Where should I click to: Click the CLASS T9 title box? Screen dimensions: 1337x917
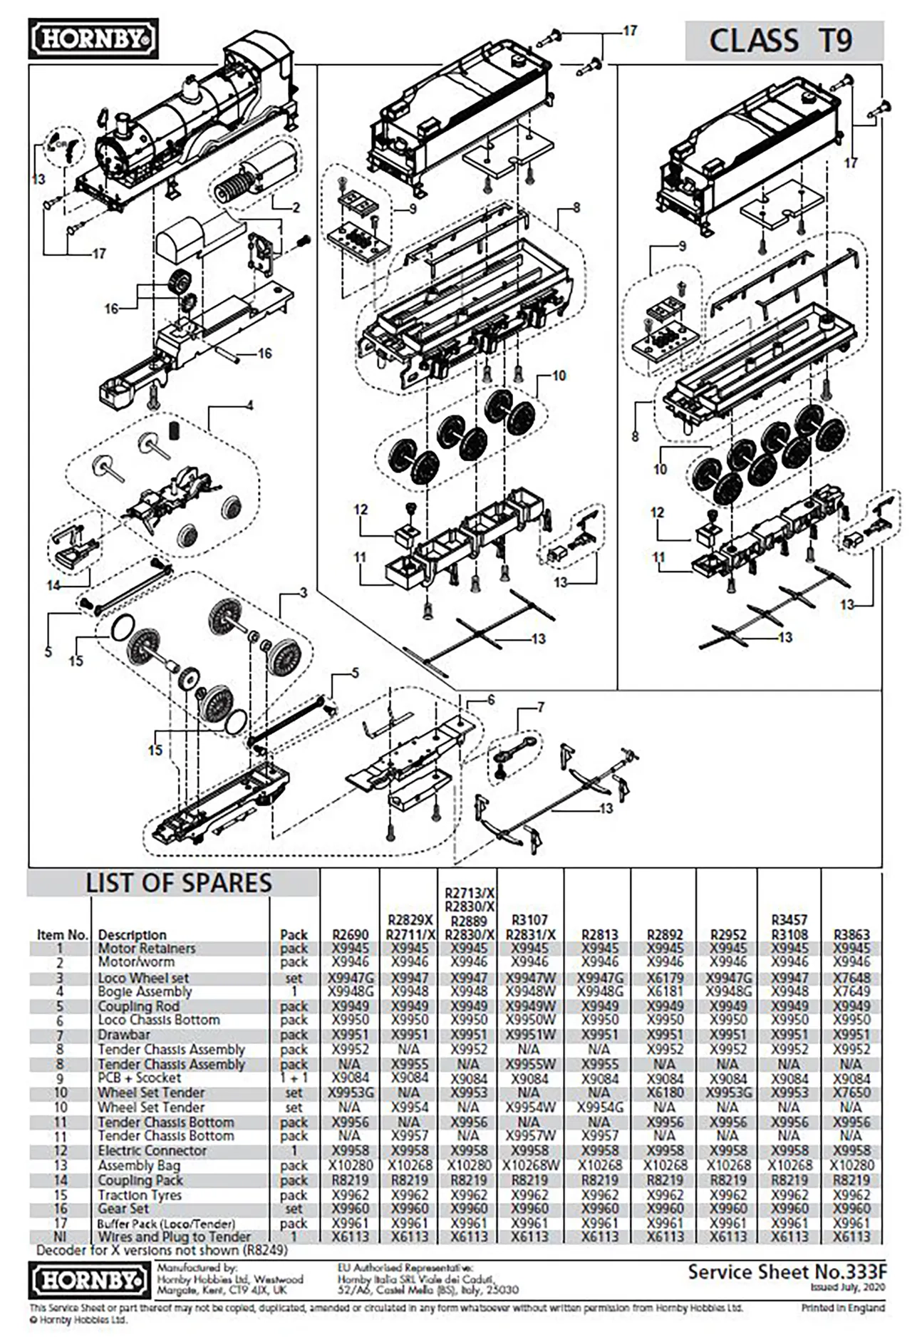[783, 41]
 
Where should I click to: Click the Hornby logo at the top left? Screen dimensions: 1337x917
[93, 39]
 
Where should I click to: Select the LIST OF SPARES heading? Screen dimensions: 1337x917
[178, 883]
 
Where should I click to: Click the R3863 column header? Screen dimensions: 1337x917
[851, 934]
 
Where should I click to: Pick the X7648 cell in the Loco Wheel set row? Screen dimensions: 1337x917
[851, 978]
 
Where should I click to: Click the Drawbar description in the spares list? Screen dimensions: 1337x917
[124, 1035]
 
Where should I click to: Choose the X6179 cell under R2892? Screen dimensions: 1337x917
[664, 978]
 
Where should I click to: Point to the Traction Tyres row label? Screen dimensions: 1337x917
[140, 1195]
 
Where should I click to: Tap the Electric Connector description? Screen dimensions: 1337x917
[152, 1151]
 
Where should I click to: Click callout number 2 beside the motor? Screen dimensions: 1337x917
[296, 208]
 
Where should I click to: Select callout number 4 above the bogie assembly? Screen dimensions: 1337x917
[249, 406]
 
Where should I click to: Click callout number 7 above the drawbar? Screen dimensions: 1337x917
[541, 708]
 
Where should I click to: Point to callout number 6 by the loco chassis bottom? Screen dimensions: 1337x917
[491, 700]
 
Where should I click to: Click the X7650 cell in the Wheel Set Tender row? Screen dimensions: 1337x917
[851, 1093]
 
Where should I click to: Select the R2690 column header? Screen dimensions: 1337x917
[351, 934]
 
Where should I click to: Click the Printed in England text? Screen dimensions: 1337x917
[842, 1308]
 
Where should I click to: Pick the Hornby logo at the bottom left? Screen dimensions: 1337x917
[88, 1280]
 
